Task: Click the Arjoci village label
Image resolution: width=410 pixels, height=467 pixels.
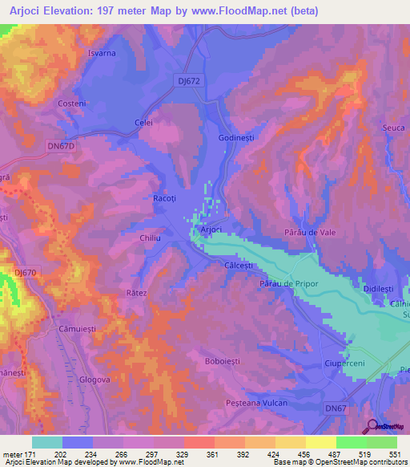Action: pos(211,229)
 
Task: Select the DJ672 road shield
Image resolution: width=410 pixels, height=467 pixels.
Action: pos(186,79)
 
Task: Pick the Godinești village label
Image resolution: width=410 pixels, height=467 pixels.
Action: pos(236,138)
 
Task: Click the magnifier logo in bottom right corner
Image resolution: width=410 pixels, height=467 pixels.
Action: pos(371,425)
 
